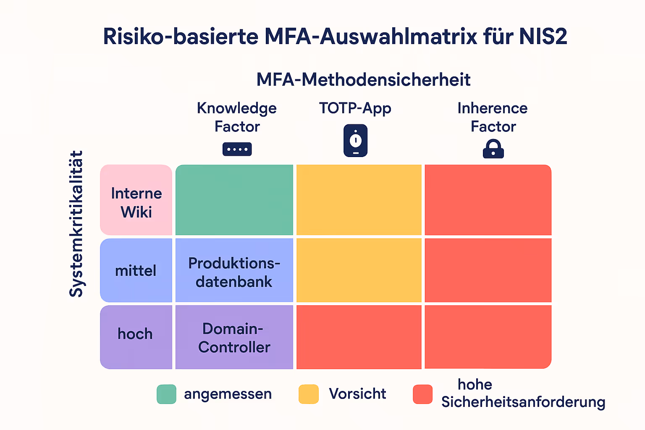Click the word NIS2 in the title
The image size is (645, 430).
coord(543,37)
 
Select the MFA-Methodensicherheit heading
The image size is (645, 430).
coord(363,80)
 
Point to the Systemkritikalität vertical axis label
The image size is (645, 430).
coord(76,224)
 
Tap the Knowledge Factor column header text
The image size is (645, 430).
coord(237,117)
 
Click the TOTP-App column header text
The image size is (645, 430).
coord(355,108)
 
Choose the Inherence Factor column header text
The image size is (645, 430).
coord(493,117)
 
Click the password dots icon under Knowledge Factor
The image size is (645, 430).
coord(237,149)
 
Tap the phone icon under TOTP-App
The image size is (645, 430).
coord(355,141)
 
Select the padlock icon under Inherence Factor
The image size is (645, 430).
coord(493,149)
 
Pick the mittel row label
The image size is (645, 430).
coord(136,271)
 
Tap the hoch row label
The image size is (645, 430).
coord(135,334)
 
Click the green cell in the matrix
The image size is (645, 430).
coord(234,200)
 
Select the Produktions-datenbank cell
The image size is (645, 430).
coord(234,272)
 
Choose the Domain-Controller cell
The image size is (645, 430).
coord(234,338)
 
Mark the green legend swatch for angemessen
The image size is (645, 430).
coord(166,394)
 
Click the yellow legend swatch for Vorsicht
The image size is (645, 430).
coord(309,394)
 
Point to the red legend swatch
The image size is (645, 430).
coord(422,394)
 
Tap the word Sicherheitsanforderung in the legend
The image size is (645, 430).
coord(523,402)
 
